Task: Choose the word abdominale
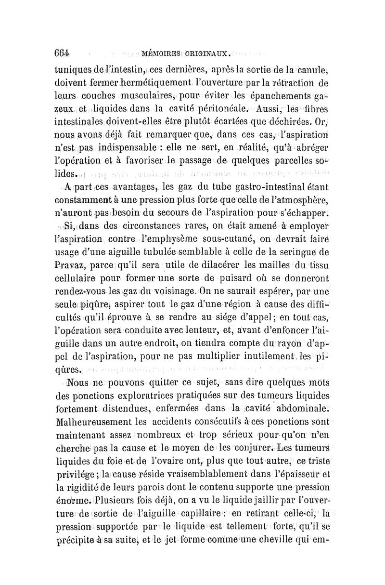pyautogui.click(x=303, y=409)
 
